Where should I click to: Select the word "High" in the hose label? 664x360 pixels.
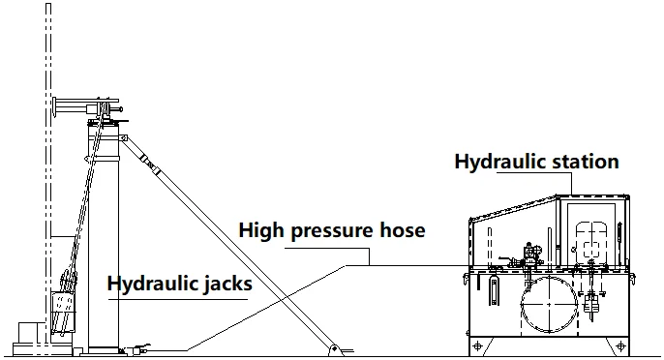click(x=260, y=231)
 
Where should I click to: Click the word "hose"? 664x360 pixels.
click(x=403, y=231)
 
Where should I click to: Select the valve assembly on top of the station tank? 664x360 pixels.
click(x=529, y=255)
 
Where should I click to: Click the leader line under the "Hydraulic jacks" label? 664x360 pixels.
click(x=179, y=298)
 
